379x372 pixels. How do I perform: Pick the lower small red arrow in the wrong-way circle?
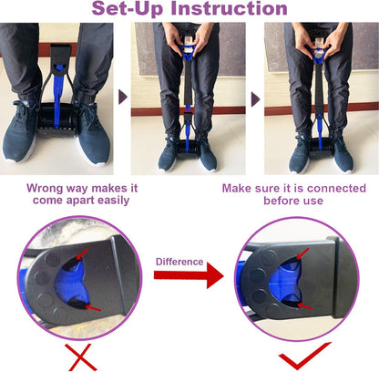coord(86,307)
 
